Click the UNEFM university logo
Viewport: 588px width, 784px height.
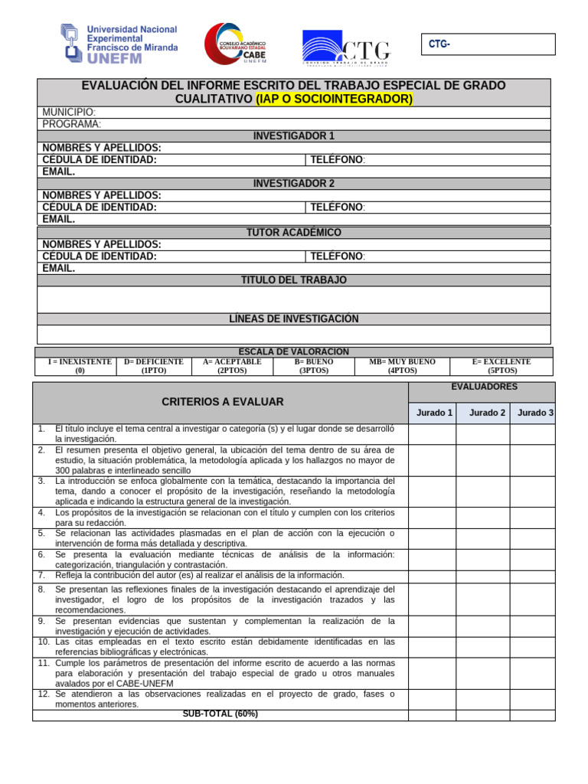pyautogui.click(x=119, y=42)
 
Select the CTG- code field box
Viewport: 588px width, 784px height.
pyautogui.click(x=490, y=44)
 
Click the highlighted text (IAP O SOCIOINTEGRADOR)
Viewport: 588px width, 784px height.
pyautogui.click(x=334, y=100)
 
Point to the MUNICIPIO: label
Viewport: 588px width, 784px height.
pyautogui.click(x=69, y=113)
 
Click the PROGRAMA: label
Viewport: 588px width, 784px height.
pyautogui.click(x=72, y=124)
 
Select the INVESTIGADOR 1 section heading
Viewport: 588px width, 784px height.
pyautogui.click(x=294, y=136)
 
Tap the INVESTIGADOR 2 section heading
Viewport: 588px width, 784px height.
pyautogui.click(x=294, y=184)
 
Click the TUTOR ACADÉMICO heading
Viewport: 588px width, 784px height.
pyautogui.click(x=294, y=233)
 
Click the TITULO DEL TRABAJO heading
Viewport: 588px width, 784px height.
pyautogui.click(x=294, y=280)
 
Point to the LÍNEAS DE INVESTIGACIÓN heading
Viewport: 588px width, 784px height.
pyautogui.click(x=294, y=318)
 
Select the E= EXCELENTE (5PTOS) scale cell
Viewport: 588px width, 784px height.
pyautogui.click(x=501, y=366)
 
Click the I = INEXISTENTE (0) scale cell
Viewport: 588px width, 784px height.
pyautogui.click(x=80, y=366)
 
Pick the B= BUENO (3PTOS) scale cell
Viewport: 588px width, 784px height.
pyautogui.click(x=314, y=366)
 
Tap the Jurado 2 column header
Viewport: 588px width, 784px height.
pyautogui.click(x=487, y=413)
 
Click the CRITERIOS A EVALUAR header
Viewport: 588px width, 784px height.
pyautogui.click(x=222, y=401)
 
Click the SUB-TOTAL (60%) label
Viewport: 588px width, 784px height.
pyautogui.click(x=220, y=714)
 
